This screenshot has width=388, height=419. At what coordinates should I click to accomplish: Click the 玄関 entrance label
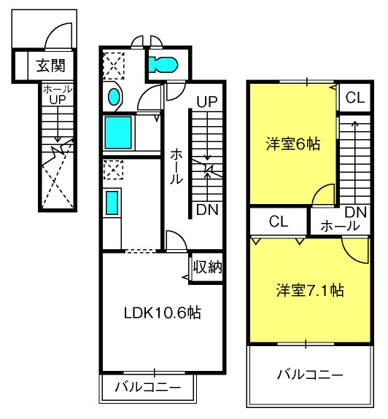[51, 66]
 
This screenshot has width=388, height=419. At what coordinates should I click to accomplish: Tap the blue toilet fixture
[163, 64]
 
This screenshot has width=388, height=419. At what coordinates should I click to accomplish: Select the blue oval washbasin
[114, 96]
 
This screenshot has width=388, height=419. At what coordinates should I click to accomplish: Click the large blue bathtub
[118, 133]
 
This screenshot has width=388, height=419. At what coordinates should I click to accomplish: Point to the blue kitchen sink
[112, 203]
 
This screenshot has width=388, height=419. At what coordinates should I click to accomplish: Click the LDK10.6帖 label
[163, 313]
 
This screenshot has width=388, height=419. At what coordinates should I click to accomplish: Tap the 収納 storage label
[208, 267]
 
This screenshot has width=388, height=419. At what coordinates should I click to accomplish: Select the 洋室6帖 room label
[292, 144]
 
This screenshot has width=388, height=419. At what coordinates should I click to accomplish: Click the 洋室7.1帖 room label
[310, 290]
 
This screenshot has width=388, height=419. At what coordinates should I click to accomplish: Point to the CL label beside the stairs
[355, 98]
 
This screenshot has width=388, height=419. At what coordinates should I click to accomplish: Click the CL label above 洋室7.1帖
[279, 222]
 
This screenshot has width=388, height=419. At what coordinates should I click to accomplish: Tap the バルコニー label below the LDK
[148, 387]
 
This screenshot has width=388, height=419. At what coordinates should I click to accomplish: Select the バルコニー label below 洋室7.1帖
[310, 375]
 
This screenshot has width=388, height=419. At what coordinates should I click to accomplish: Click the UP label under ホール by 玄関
[58, 100]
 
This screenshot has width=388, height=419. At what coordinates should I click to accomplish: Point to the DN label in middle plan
[207, 210]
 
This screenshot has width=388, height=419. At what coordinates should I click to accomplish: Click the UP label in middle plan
[207, 101]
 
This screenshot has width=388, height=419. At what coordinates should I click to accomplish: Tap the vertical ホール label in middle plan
[176, 166]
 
